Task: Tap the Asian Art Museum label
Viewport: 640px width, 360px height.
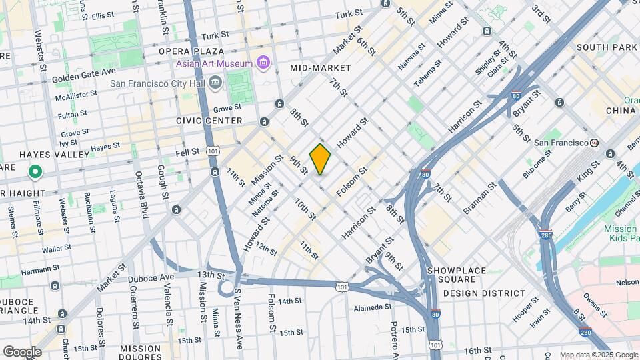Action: [214, 63]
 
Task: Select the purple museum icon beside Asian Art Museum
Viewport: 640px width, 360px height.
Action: [263, 63]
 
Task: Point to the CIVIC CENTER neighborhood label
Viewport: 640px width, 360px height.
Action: [209, 121]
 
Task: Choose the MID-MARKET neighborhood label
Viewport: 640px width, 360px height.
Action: [320, 68]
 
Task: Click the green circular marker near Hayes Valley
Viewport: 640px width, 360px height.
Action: [35, 173]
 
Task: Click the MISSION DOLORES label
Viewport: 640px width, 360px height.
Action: [140, 349]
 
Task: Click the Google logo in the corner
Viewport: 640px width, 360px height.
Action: [22, 351]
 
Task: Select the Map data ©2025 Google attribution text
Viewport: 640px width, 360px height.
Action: [598, 355]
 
